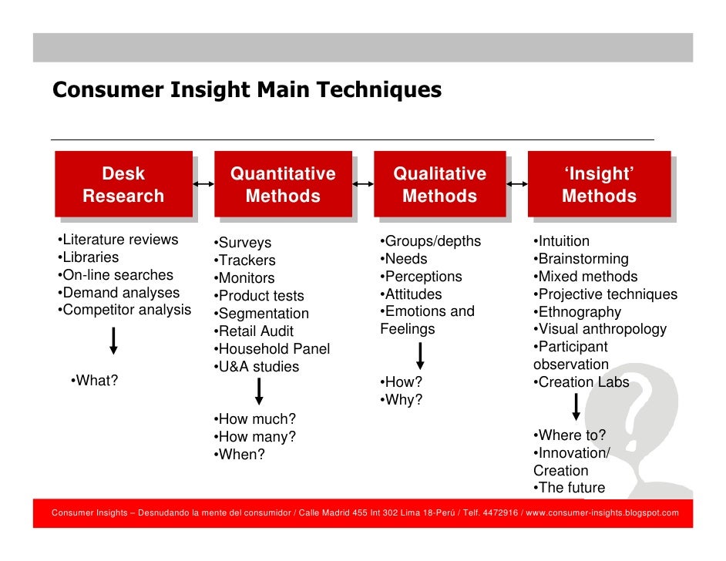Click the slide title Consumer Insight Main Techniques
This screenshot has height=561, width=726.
[247, 90]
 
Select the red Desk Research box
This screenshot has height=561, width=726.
[123, 185]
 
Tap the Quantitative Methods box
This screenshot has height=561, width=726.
[283, 185]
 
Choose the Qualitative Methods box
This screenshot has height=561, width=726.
[440, 185]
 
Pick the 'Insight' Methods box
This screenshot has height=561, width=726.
[599, 185]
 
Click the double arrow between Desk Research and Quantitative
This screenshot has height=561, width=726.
[203, 184]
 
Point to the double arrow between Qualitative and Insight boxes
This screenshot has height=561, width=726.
[516, 184]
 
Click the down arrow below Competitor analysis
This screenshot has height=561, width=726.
[114, 341]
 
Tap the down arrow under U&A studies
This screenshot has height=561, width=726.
[259, 391]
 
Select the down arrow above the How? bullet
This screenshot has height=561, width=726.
[420, 356]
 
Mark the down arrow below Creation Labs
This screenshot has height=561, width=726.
[576, 407]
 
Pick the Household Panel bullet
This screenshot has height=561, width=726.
[271, 349]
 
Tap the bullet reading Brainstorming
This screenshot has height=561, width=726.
[580, 259]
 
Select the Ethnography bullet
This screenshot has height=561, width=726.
[576, 312]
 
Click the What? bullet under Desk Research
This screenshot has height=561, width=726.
[94, 380]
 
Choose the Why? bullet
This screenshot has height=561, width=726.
[401, 400]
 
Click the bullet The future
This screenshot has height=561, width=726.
[569, 488]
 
